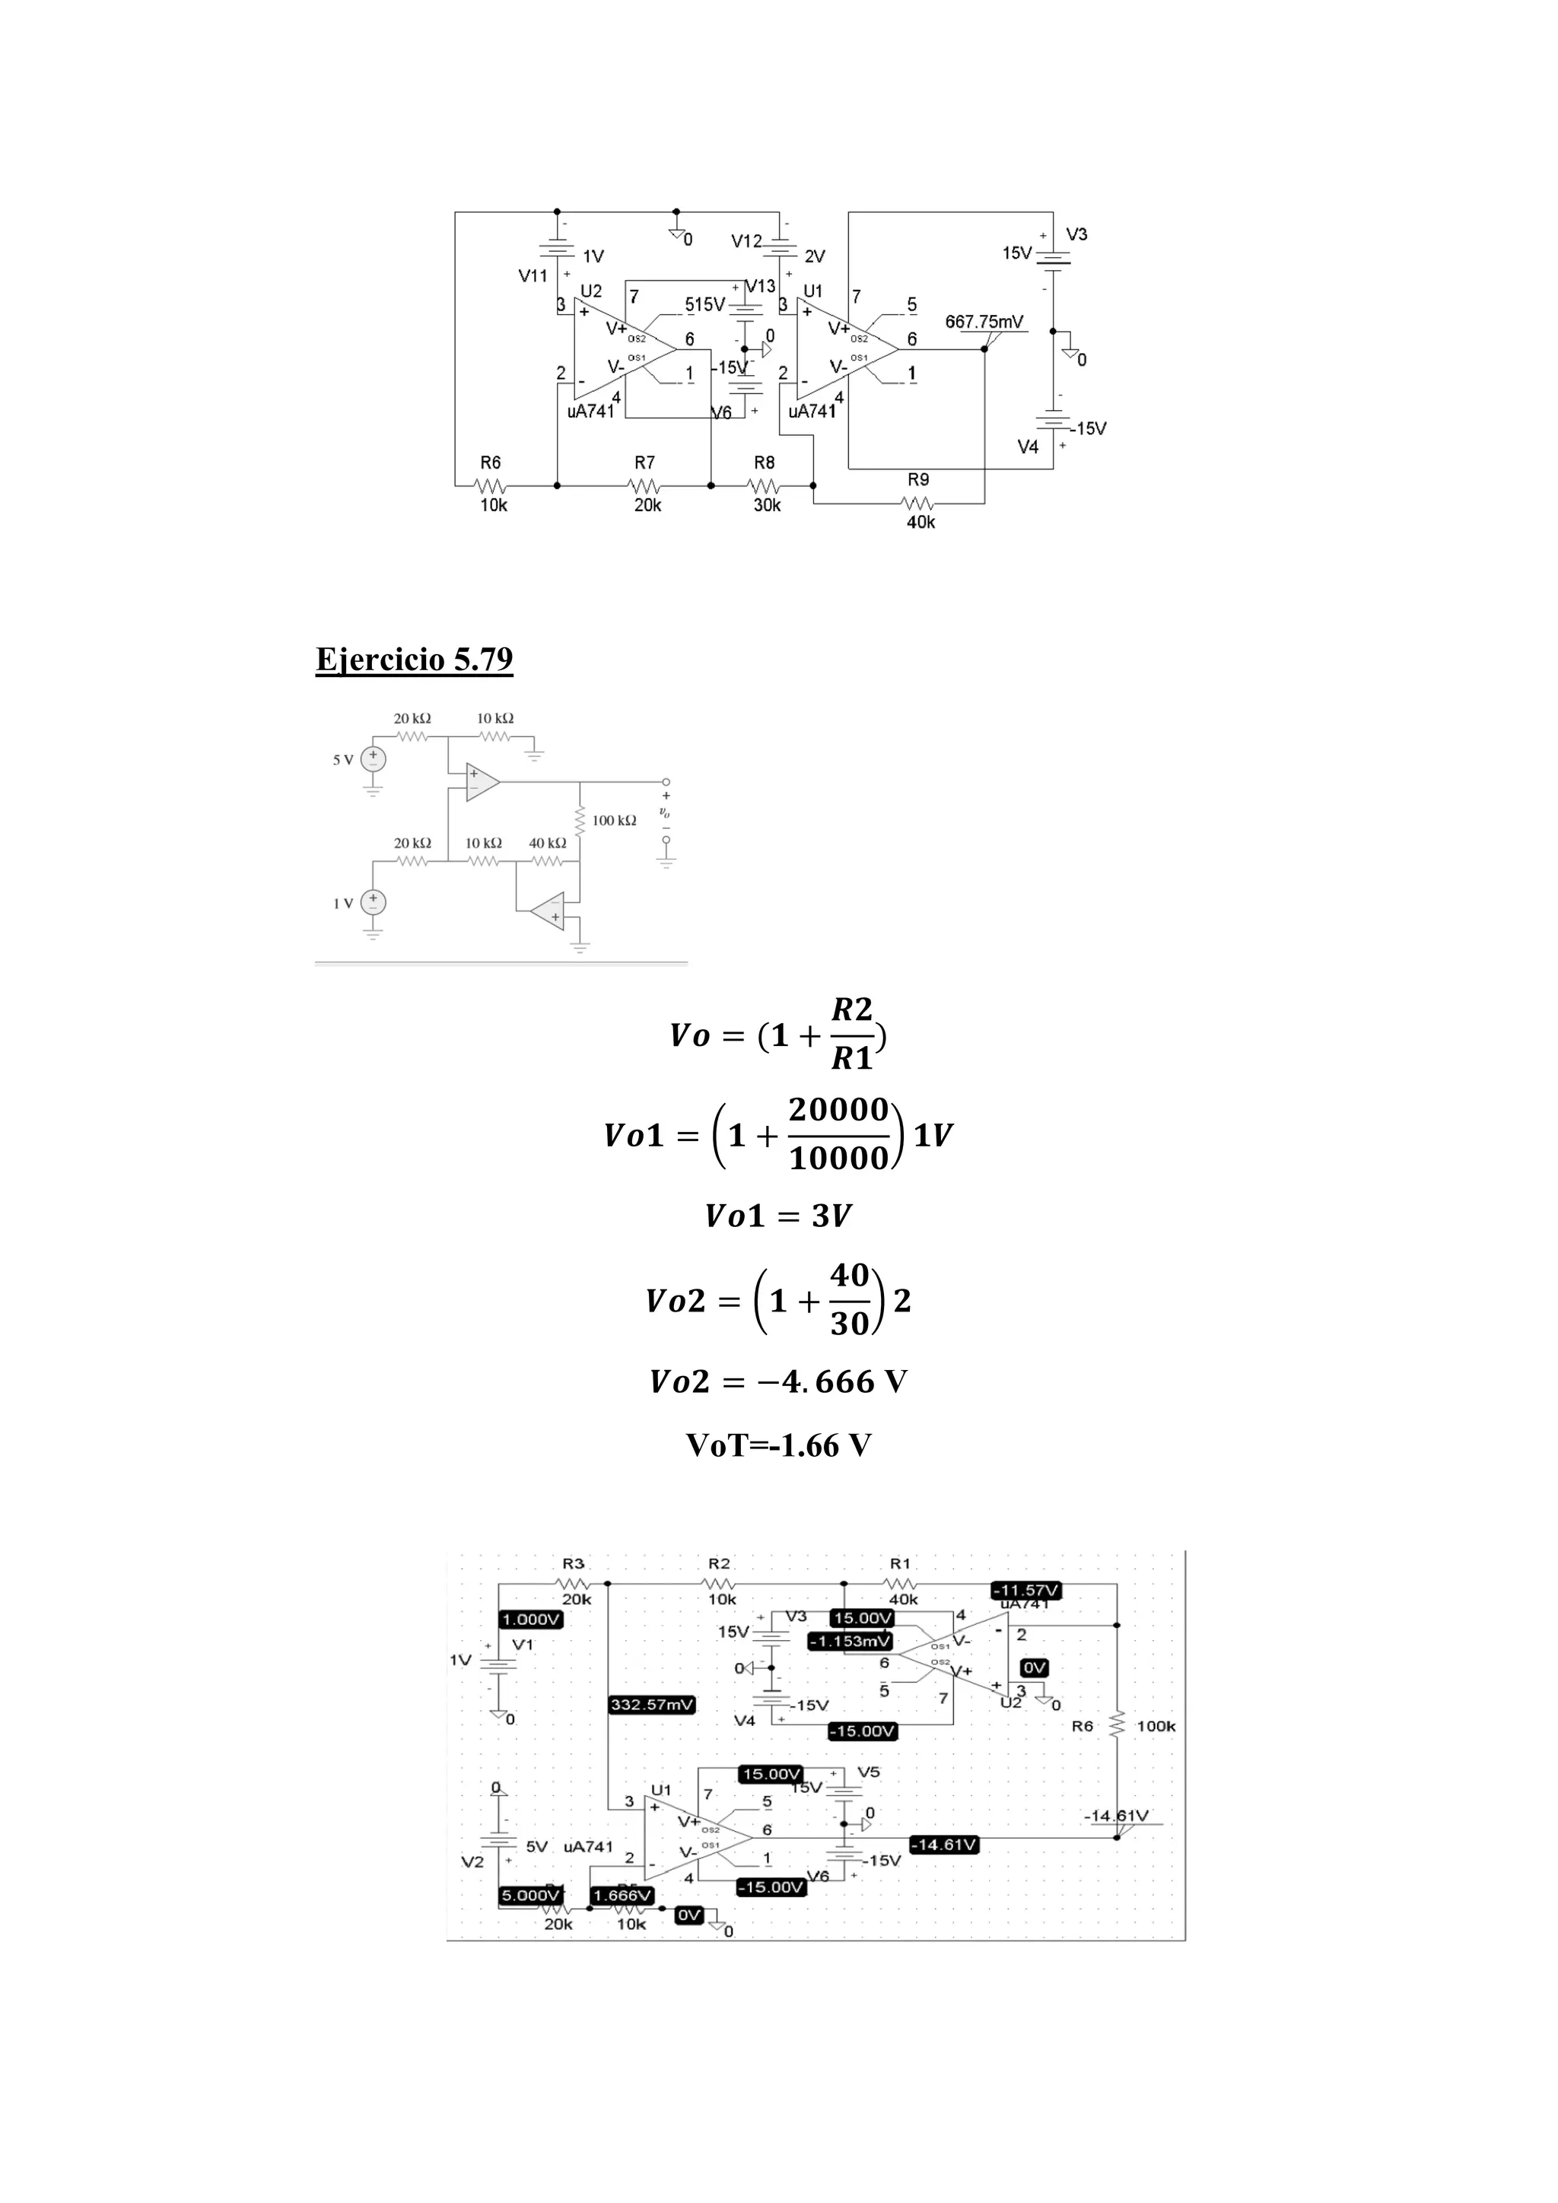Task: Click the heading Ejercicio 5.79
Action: point(415,660)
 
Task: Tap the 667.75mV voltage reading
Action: point(984,322)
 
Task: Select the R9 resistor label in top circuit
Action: point(918,480)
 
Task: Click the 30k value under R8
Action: point(767,506)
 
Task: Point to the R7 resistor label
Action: point(644,463)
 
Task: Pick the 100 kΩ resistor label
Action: point(614,820)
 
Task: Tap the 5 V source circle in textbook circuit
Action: point(374,759)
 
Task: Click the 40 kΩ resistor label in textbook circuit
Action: point(548,842)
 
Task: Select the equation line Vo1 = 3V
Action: point(778,1216)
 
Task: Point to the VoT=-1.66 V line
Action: point(778,1445)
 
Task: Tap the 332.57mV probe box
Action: point(653,1705)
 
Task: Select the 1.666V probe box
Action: point(622,1895)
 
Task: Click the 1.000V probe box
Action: point(532,1620)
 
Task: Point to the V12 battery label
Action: point(746,242)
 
